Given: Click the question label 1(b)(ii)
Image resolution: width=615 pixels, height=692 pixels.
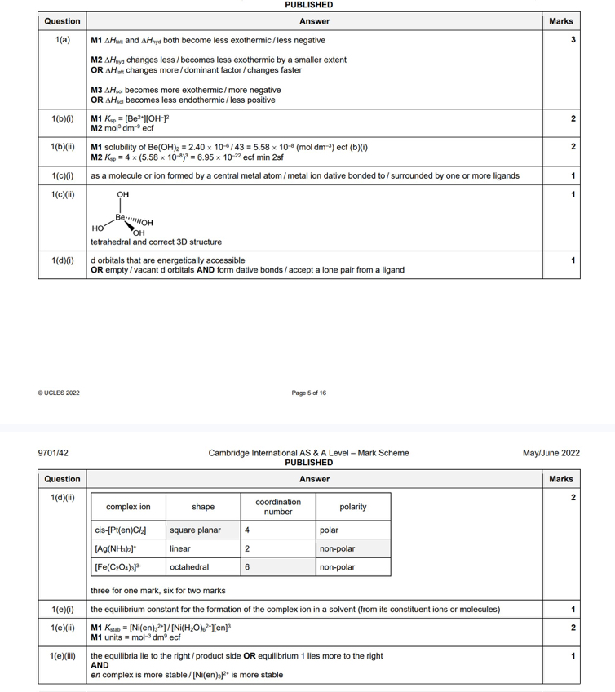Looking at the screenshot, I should [62, 146].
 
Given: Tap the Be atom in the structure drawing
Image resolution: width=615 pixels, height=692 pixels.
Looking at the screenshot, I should [121, 217].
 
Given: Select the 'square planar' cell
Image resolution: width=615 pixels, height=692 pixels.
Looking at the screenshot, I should [195, 530].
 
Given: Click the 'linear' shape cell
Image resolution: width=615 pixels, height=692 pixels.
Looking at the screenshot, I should [180, 548].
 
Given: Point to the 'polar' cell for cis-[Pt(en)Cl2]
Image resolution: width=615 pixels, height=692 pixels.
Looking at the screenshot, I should [329, 530].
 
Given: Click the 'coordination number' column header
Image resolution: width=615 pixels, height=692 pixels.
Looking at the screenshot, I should [278, 507].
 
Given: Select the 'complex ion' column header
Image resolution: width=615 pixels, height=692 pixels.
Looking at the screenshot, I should [128, 507].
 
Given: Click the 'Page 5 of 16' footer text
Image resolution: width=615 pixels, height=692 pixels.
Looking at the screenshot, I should [308, 393].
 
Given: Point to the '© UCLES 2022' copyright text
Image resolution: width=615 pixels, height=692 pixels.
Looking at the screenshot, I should [59, 393].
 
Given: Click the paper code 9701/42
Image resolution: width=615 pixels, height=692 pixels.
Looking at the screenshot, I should [54, 453].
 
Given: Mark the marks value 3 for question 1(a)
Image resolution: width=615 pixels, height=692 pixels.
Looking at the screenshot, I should [573, 40].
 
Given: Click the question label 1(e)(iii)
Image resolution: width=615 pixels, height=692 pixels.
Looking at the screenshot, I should [62, 655].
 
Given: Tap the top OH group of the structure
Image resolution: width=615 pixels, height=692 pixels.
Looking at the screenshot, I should [123, 194].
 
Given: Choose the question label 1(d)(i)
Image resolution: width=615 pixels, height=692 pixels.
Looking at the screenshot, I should [62, 260].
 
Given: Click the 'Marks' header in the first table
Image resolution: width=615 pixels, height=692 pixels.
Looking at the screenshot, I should [561, 21].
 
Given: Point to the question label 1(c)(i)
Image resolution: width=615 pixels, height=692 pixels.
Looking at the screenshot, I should [62, 175].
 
